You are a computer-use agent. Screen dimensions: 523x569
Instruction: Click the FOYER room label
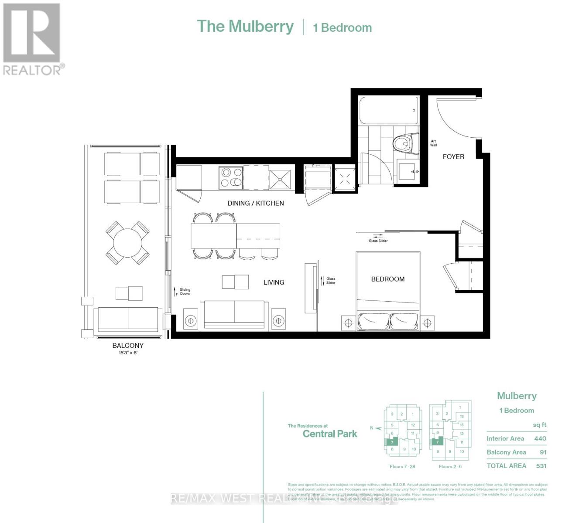pos(453,156)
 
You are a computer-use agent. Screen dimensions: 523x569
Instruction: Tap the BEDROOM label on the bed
pos(387,279)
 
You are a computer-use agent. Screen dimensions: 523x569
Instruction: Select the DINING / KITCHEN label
pos(256,203)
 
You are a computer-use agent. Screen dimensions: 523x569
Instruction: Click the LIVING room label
pos(274,282)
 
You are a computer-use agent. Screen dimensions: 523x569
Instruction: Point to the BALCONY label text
pos(128,345)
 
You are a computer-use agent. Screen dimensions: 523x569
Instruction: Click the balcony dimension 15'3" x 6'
pos(128,353)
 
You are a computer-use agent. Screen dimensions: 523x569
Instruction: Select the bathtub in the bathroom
pos(388,111)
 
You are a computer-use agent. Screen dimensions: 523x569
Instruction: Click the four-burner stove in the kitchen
pos(231,178)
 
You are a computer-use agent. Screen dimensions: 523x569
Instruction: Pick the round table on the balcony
pos(127,243)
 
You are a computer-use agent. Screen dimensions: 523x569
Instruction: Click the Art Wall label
pos(433,143)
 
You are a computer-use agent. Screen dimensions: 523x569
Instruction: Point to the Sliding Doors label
pos(185,292)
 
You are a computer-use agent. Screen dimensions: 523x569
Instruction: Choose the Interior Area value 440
pos(540,438)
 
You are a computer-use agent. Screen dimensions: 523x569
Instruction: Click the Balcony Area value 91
pos(543,452)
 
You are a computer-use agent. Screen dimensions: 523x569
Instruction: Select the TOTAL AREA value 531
pos(541,465)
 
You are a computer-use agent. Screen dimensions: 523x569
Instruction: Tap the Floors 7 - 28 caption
pos(402,466)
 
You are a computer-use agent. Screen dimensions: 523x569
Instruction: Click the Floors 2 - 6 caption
pos(450,466)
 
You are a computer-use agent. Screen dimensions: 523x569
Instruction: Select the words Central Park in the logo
pos(330,434)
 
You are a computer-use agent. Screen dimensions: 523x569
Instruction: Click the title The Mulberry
pos(245,26)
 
